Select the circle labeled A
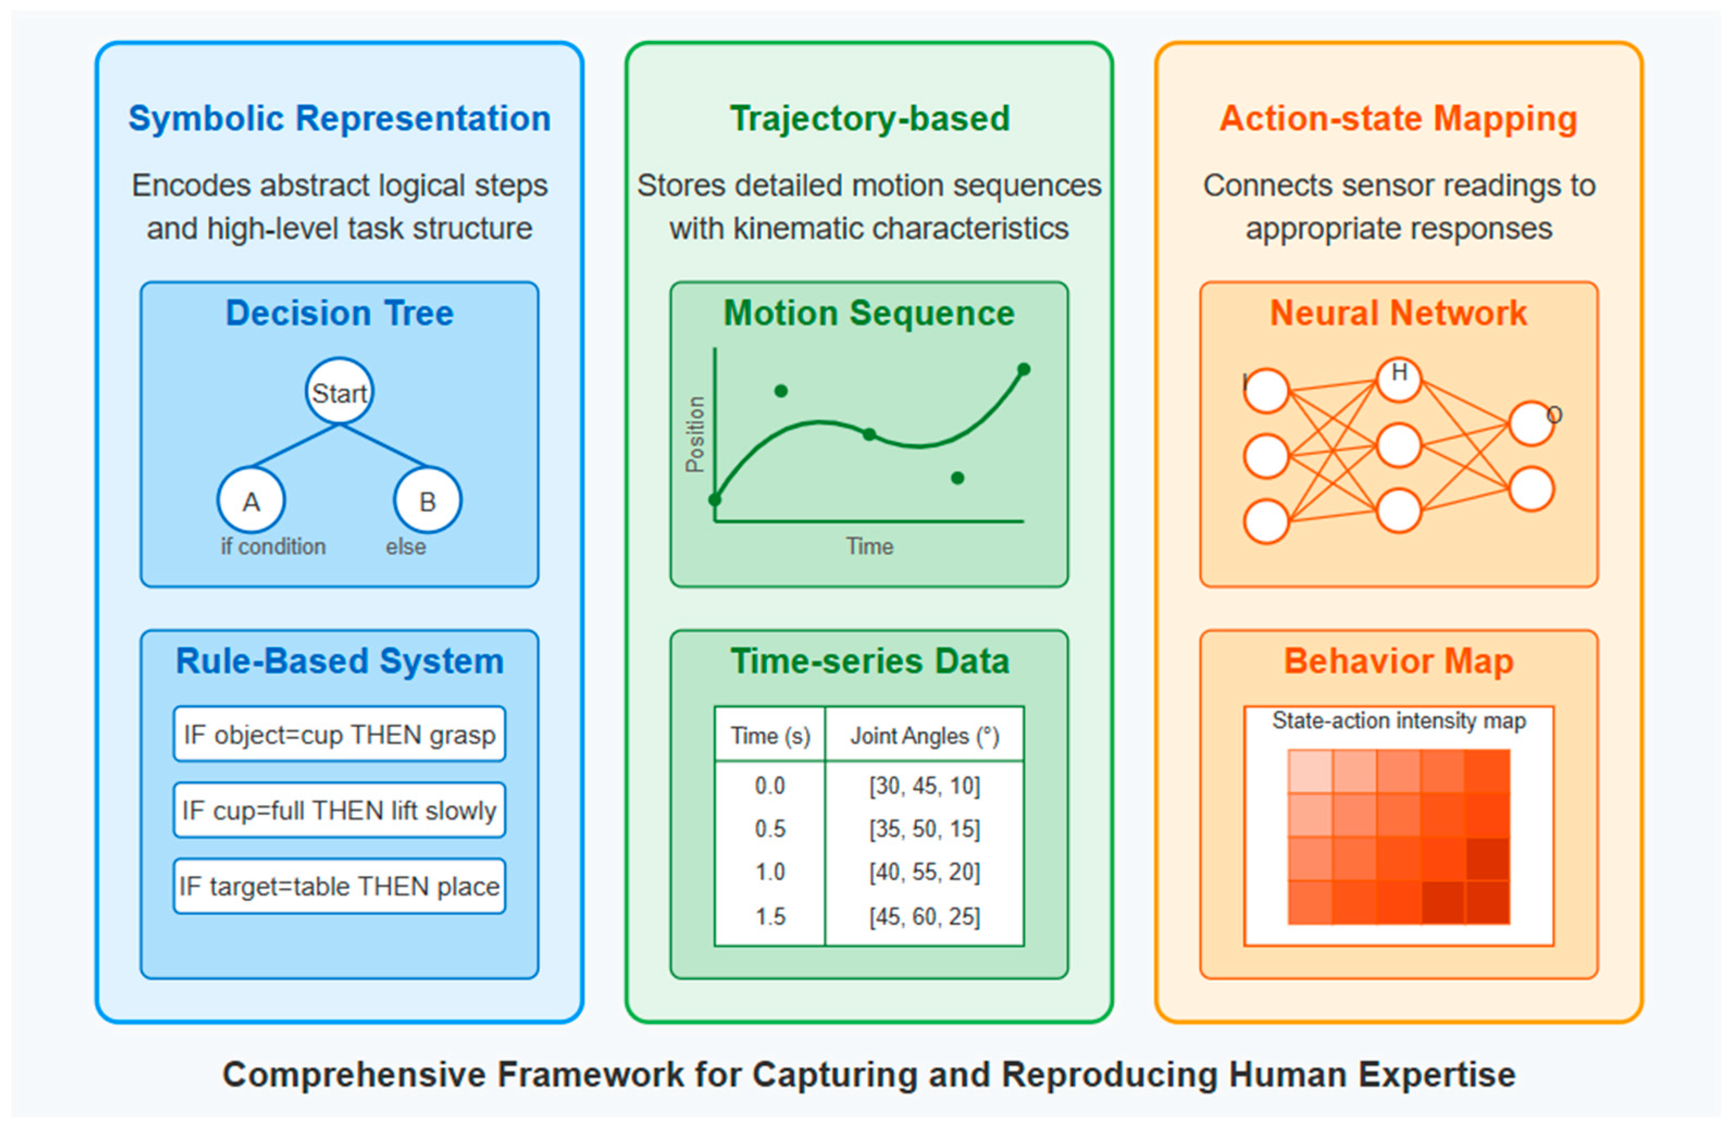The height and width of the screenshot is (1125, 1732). (251, 500)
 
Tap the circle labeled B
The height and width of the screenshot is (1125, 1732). (427, 500)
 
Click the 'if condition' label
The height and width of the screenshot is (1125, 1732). (273, 547)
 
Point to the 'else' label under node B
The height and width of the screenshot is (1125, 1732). (406, 547)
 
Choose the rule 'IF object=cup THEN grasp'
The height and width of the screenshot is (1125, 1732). (339, 734)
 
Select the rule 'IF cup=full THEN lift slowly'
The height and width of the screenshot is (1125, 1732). (339, 810)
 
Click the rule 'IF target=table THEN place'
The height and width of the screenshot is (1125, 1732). (339, 886)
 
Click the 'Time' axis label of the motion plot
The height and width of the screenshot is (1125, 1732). (869, 547)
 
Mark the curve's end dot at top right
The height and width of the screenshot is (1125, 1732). (1023, 370)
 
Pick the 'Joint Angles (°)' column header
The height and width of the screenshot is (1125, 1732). (924, 736)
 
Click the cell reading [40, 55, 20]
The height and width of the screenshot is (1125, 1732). (924, 872)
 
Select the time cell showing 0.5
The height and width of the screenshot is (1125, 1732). (770, 829)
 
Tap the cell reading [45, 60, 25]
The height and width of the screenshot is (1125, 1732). (924, 916)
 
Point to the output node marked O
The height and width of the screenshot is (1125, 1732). (1531, 423)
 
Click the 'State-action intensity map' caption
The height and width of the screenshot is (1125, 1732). (1399, 721)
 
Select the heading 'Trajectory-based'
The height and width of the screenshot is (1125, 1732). (870, 118)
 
